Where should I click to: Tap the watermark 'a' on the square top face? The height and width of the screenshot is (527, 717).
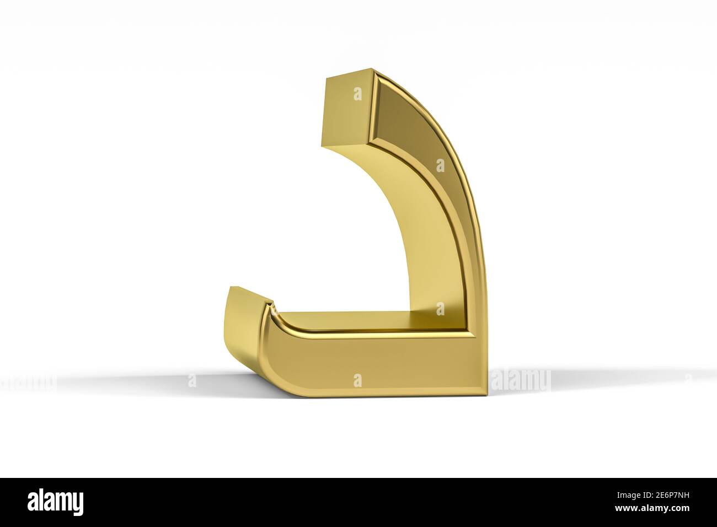357,94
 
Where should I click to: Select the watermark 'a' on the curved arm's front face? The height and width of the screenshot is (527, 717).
440,165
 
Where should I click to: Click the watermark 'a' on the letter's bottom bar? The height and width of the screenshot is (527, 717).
357,379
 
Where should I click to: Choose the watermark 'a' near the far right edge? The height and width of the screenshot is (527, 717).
687,379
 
